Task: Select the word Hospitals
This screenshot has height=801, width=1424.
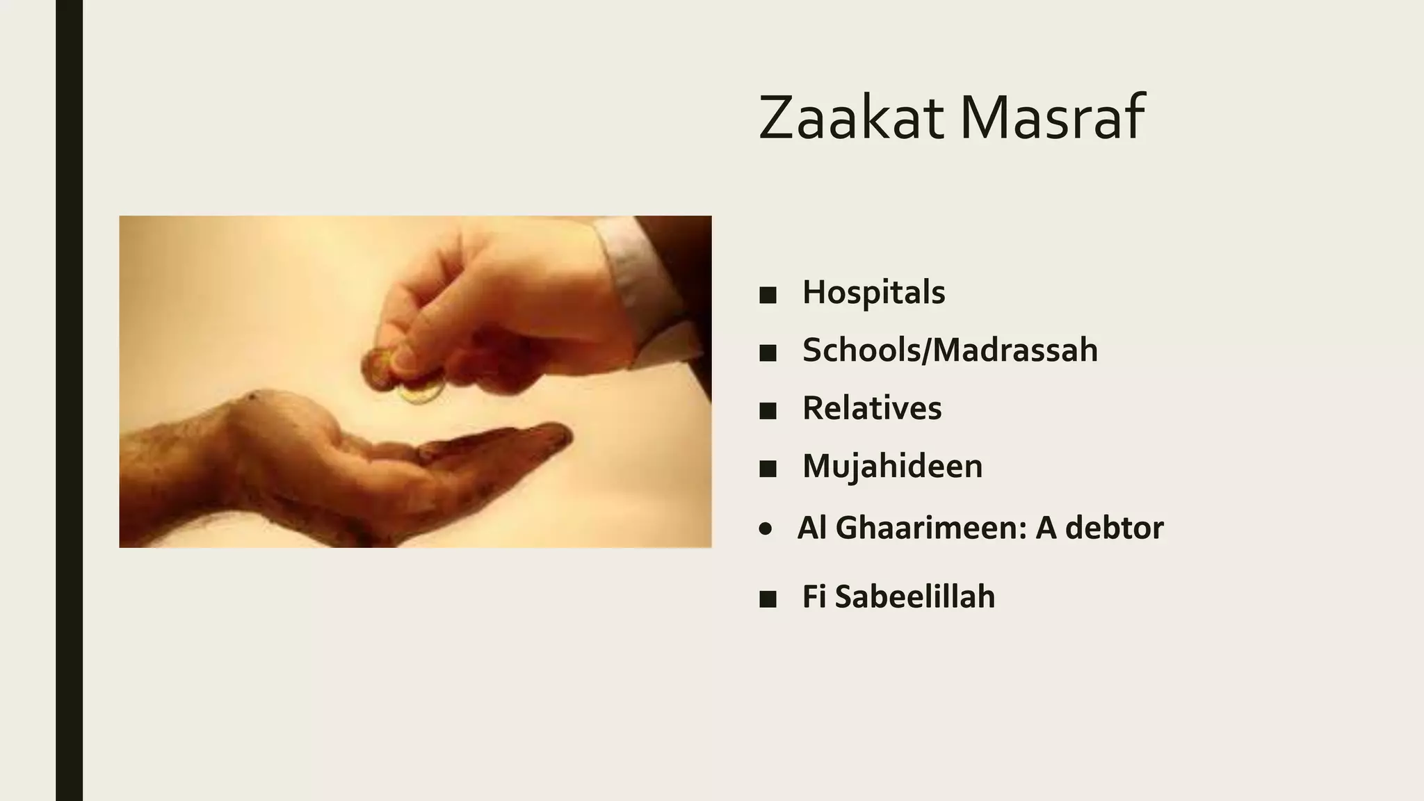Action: pos(873,292)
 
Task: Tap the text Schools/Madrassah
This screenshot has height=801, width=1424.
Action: pos(950,350)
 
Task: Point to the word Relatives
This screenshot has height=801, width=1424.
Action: pos(872,408)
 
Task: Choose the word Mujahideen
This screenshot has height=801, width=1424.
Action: pos(892,466)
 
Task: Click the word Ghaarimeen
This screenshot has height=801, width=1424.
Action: pos(931,528)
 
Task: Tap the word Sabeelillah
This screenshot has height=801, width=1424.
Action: pos(914,597)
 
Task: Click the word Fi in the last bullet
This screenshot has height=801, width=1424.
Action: pos(814,597)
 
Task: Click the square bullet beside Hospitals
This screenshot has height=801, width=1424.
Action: pos(768,296)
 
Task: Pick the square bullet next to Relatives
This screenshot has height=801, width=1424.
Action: pos(768,412)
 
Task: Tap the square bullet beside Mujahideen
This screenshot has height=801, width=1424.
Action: pos(768,469)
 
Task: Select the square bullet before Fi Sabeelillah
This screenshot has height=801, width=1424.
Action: pos(768,599)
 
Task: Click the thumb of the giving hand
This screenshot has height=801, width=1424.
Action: pos(410,348)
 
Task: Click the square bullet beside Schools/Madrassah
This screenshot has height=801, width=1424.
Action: pos(768,353)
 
